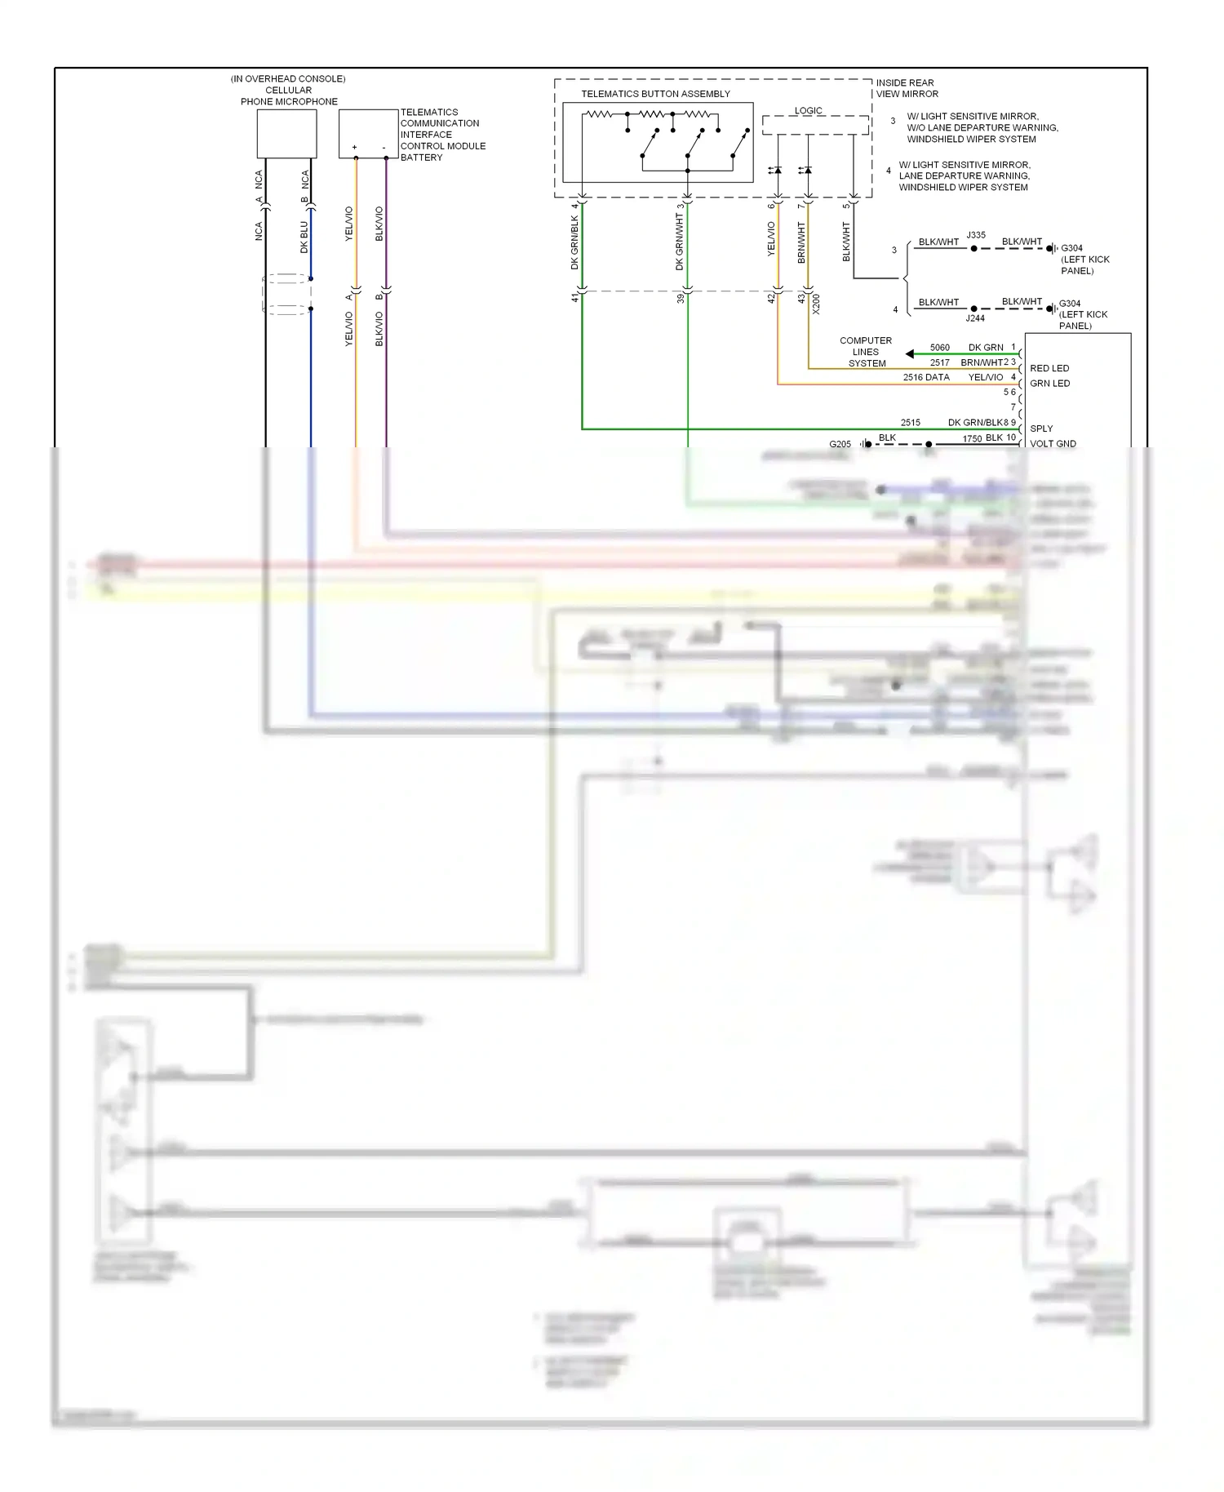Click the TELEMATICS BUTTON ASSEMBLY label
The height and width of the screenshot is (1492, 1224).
coord(655,94)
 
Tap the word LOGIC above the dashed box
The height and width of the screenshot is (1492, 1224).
coord(808,110)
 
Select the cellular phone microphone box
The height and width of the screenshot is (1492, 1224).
coord(286,134)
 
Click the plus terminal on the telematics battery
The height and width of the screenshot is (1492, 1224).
coord(355,148)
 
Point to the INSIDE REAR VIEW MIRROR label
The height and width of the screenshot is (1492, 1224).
coord(907,88)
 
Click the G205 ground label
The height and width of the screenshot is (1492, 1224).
coord(840,444)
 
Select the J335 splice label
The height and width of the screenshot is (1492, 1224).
coord(976,235)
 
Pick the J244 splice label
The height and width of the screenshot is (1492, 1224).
coord(975,318)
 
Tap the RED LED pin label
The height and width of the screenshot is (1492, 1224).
coord(1049,368)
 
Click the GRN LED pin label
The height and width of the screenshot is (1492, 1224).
coord(1049,384)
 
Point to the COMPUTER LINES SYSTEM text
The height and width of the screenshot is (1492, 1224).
coord(866,352)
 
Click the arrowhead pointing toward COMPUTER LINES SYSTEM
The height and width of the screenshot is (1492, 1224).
coord(910,353)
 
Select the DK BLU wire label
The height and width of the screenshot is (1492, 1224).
coord(304,237)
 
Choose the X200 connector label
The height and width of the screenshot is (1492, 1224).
coord(816,304)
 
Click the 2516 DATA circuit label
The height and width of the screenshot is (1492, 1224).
coord(926,377)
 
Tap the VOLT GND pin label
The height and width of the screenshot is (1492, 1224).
coord(1053,444)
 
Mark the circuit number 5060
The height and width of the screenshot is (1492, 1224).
coord(939,348)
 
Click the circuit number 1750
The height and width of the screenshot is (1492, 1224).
coord(972,439)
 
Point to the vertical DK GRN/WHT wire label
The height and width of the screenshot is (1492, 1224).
coord(680,242)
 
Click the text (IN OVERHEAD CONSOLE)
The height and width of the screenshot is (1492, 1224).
coord(288,79)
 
